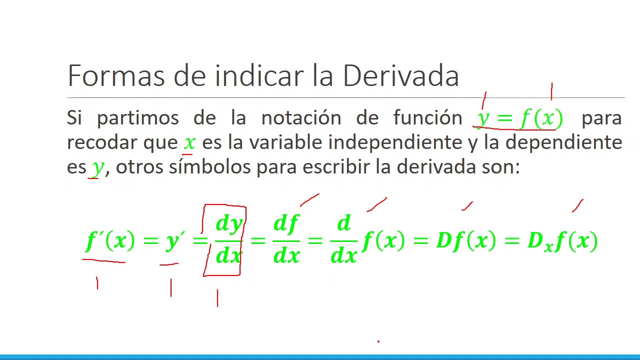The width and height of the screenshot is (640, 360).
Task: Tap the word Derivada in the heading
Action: click(x=400, y=75)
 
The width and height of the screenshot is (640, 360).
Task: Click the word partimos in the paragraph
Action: click(x=138, y=117)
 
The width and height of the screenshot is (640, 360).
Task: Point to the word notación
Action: click(x=301, y=117)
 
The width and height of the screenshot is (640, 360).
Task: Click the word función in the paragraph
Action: click(x=427, y=117)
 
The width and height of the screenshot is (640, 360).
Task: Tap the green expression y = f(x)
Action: click(x=520, y=118)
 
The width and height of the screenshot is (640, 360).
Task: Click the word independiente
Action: click(x=395, y=142)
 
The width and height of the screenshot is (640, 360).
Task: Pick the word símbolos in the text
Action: click(x=209, y=166)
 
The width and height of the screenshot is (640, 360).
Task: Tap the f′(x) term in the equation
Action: click(x=110, y=240)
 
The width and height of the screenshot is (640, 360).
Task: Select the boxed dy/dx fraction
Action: click(x=229, y=240)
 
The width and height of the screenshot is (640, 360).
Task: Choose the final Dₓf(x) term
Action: click(x=562, y=241)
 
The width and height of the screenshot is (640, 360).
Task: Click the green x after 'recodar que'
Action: click(x=189, y=142)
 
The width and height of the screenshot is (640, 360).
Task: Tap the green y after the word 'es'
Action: click(x=97, y=167)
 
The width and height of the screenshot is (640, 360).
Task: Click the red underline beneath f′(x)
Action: click(x=103, y=260)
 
